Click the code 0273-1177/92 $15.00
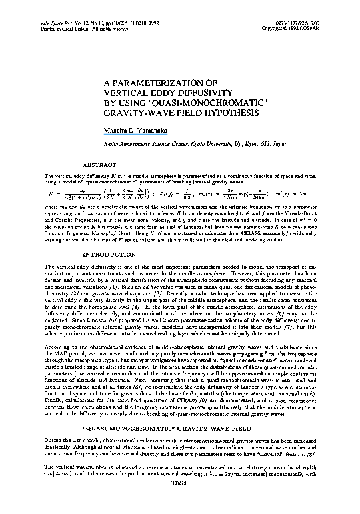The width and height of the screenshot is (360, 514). (307, 5)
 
